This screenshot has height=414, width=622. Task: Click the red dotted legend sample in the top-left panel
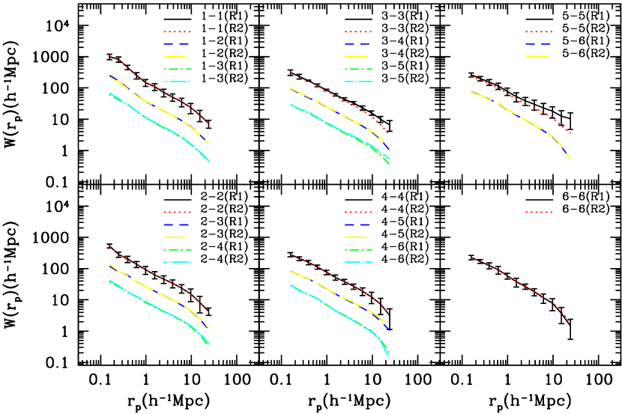[x=178, y=31]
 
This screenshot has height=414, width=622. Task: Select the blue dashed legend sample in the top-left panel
[x=175, y=44]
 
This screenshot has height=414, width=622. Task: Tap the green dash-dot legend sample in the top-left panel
[x=178, y=69]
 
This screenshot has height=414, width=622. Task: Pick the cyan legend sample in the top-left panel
[x=177, y=82]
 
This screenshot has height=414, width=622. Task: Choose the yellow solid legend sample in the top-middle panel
[x=356, y=56]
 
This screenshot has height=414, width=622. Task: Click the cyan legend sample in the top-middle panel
[x=358, y=82]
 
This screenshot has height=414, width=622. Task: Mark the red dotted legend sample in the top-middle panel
[x=358, y=31]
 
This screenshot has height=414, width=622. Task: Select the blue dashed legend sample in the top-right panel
[x=538, y=44]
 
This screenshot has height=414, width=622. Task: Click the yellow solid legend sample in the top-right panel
[x=537, y=56]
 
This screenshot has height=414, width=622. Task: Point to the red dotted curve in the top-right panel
[x=521, y=101]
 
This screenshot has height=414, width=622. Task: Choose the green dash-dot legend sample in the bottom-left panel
[x=178, y=249]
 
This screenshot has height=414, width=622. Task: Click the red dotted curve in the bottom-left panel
[x=157, y=276]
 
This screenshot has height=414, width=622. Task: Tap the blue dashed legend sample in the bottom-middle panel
[x=357, y=225]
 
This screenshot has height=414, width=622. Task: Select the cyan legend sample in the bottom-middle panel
[x=358, y=262]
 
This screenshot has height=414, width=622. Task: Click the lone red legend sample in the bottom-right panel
[x=539, y=212]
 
